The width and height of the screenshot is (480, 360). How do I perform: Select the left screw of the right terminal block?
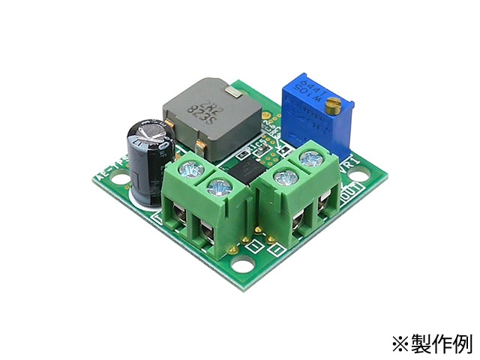(283, 178)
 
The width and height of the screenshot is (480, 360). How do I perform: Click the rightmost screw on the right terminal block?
(309, 159)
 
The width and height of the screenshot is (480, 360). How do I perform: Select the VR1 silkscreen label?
(350, 164)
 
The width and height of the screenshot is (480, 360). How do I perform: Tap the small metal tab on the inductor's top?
(233, 92)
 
